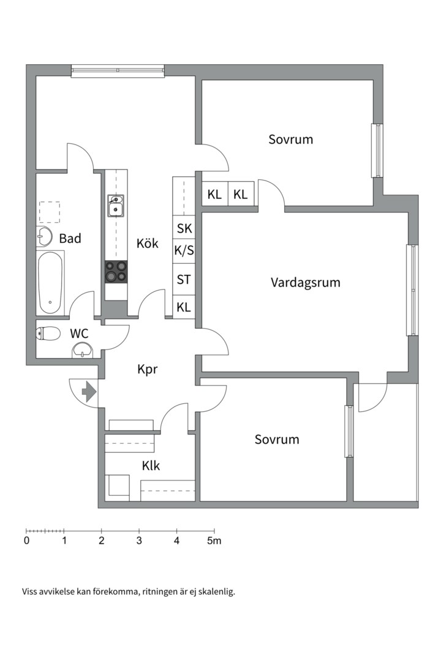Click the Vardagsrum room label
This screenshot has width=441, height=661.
tap(306, 282)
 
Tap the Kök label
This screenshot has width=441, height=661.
tap(147, 243)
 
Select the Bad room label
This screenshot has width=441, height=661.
tap(70, 238)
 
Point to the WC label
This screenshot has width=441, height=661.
tap(79, 334)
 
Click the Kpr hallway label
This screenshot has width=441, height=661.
tap(147, 369)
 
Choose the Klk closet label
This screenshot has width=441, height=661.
tap(151, 465)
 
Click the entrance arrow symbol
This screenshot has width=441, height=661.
tap(89, 392)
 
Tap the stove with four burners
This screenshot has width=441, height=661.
tap(116, 272)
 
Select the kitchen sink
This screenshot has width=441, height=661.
tap(116, 206)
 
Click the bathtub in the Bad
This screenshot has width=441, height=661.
tap(50, 282)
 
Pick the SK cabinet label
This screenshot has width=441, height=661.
tap(184, 228)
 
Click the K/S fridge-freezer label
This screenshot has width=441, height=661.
tap(184, 250)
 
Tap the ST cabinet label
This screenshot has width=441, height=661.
tap(184, 280)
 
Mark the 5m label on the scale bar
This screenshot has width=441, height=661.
tap(214, 540)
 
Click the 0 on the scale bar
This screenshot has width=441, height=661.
tap(26, 540)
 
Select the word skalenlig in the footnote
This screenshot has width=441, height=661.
tap(217, 592)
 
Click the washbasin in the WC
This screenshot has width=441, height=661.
tap(82, 350)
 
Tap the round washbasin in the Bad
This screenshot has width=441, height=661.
tap(44, 236)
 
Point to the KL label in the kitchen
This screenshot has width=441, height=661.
tap(184, 307)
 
